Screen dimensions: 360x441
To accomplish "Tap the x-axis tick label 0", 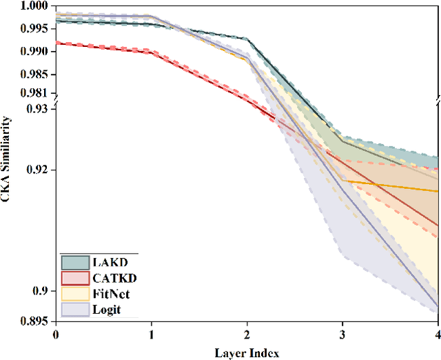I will pyautogui.click(x=56, y=334).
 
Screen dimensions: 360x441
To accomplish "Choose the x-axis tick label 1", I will pyautogui.click(x=151, y=334).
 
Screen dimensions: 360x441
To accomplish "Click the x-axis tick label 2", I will pyautogui.click(x=247, y=334).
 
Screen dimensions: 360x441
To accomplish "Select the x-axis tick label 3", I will pyautogui.click(x=342, y=334).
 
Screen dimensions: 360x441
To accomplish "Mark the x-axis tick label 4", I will pyautogui.click(x=438, y=334).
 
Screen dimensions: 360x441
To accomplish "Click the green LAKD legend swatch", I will pyautogui.click(x=74, y=263).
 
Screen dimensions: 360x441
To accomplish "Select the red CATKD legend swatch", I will pyautogui.click(x=74, y=279).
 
